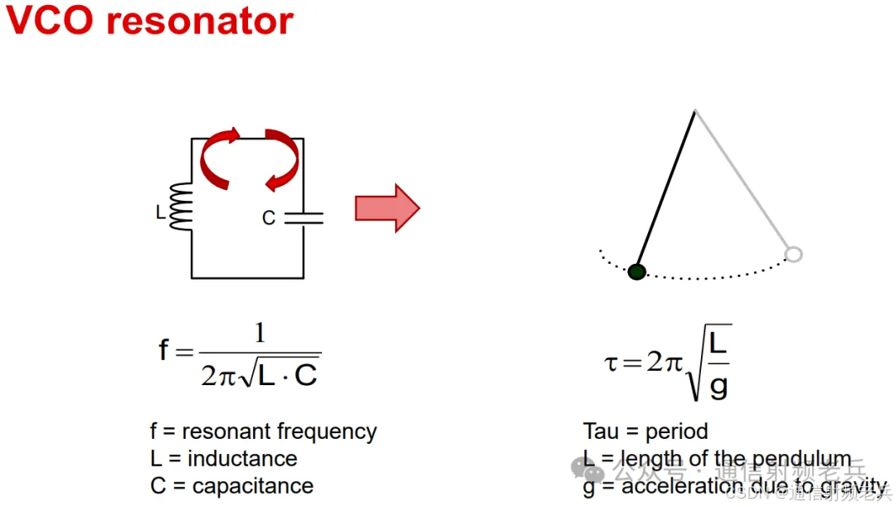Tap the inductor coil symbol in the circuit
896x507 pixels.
point(182,207)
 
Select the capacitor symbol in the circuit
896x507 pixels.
point(304,217)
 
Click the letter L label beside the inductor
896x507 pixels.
point(160,213)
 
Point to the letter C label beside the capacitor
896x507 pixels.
point(268,218)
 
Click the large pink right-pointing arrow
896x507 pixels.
point(387,207)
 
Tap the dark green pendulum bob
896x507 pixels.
point(636,271)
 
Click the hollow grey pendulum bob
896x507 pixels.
point(793,254)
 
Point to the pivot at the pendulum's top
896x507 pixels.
point(695,110)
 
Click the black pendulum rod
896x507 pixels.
point(666,190)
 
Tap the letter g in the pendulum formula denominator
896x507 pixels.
point(718,387)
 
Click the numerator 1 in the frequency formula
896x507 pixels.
point(260,334)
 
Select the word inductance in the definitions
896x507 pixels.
point(242,459)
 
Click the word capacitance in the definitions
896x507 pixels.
point(253,486)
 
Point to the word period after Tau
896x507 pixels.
point(677,432)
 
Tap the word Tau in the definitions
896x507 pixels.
point(601,431)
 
